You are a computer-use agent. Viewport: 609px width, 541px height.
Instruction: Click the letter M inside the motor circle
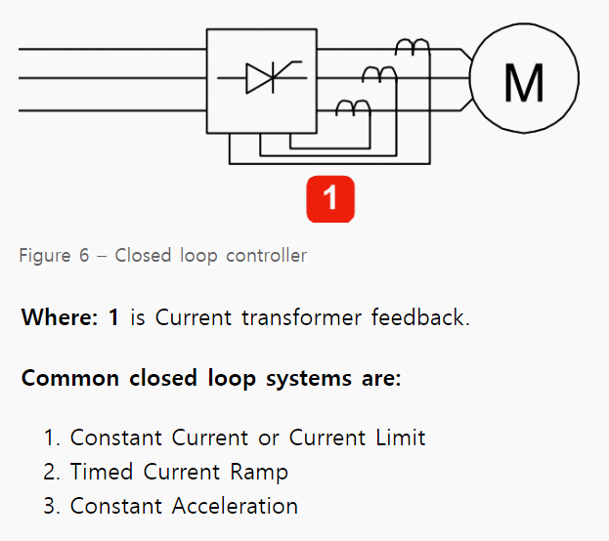pos(523,81)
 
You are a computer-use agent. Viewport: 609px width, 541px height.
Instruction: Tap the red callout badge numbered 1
pos(329,198)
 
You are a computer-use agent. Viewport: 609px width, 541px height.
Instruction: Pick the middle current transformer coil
pos(379,73)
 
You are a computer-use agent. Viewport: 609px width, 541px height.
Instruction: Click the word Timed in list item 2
pos(103,472)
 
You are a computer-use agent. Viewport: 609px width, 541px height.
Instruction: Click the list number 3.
pos(51,506)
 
